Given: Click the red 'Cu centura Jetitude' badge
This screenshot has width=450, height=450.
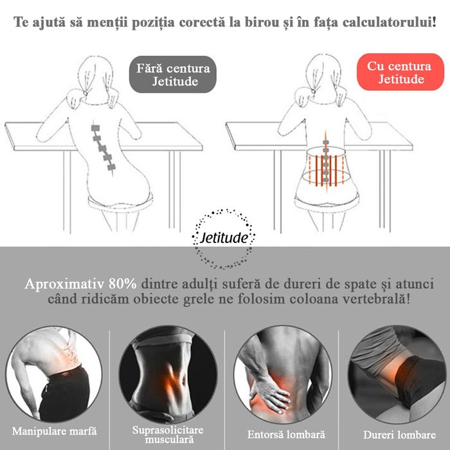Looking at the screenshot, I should (x=401, y=72).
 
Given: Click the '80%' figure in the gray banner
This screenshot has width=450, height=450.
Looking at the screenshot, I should (x=125, y=284).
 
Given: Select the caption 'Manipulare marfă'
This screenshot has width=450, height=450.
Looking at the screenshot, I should (x=50, y=430).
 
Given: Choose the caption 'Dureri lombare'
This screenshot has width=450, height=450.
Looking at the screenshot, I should (x=395, y=435).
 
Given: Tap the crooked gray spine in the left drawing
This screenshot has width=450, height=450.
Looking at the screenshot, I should (x=103, y=145).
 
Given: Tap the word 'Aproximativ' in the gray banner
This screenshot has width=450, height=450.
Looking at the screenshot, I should (x=61, y=284).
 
